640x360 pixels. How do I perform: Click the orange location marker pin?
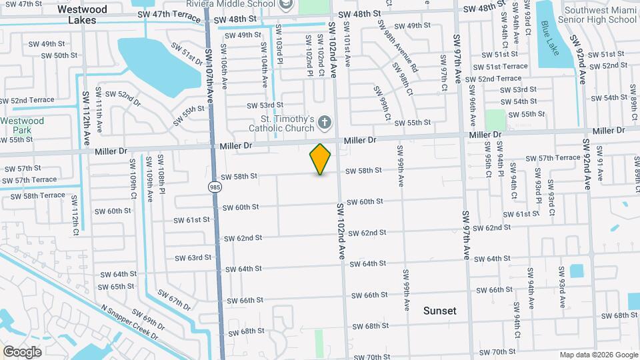[x=321, y=159]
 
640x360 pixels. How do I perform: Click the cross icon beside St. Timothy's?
[x=325, y=122]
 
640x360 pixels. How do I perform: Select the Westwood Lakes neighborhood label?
[x=82, y=15]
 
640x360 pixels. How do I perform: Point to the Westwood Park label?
[x=22, y=125]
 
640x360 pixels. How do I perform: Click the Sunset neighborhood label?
[x=440, y=311]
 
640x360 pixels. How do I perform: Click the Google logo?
[x=22, y=351]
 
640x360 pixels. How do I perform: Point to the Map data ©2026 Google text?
[x=598, y=355]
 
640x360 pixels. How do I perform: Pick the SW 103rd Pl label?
[x=280, y=52]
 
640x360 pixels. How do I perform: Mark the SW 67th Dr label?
[x=174, y=300]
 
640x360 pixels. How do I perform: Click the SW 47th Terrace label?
[x=167, y=13]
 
